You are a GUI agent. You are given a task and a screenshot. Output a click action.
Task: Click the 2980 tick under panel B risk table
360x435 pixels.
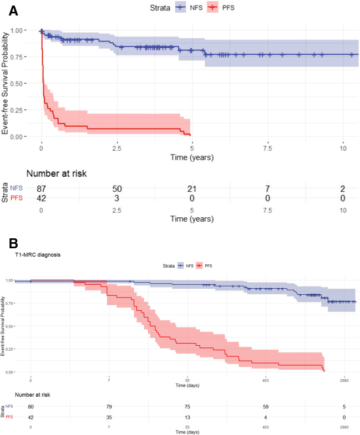(344, 427)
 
